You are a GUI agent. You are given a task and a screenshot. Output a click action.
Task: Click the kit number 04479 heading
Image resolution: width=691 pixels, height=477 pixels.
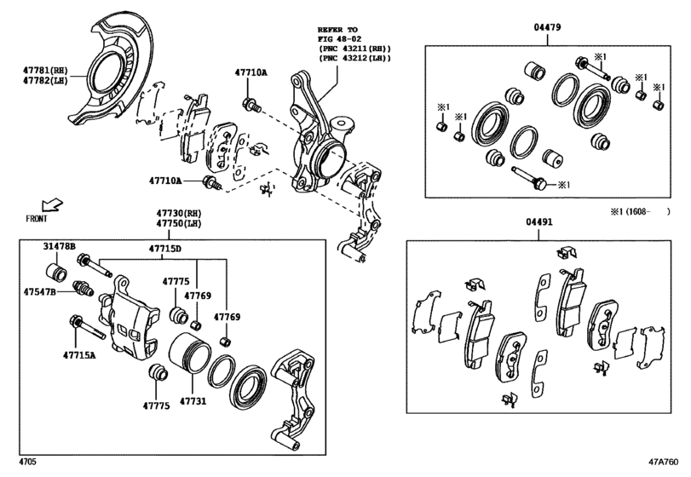click(x=547, y=28)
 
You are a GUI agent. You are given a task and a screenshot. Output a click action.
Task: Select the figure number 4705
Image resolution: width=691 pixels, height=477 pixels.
click(x=27, y=463)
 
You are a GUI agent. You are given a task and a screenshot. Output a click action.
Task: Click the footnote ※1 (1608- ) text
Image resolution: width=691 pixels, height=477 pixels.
click(x=639, y=210)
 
